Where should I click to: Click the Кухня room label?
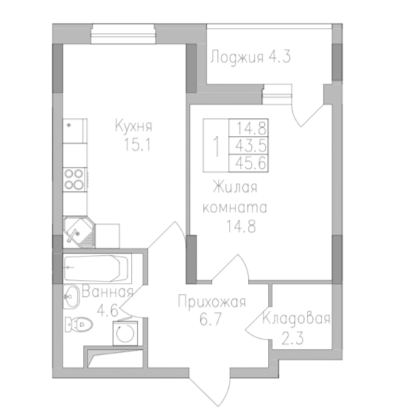[x=133, y=126]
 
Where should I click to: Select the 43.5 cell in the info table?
[x=248, y=144]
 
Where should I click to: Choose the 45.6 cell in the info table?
[x=248, y=161]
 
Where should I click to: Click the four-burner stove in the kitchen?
[x=74, y=178]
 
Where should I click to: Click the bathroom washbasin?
[x=72, y=298]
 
